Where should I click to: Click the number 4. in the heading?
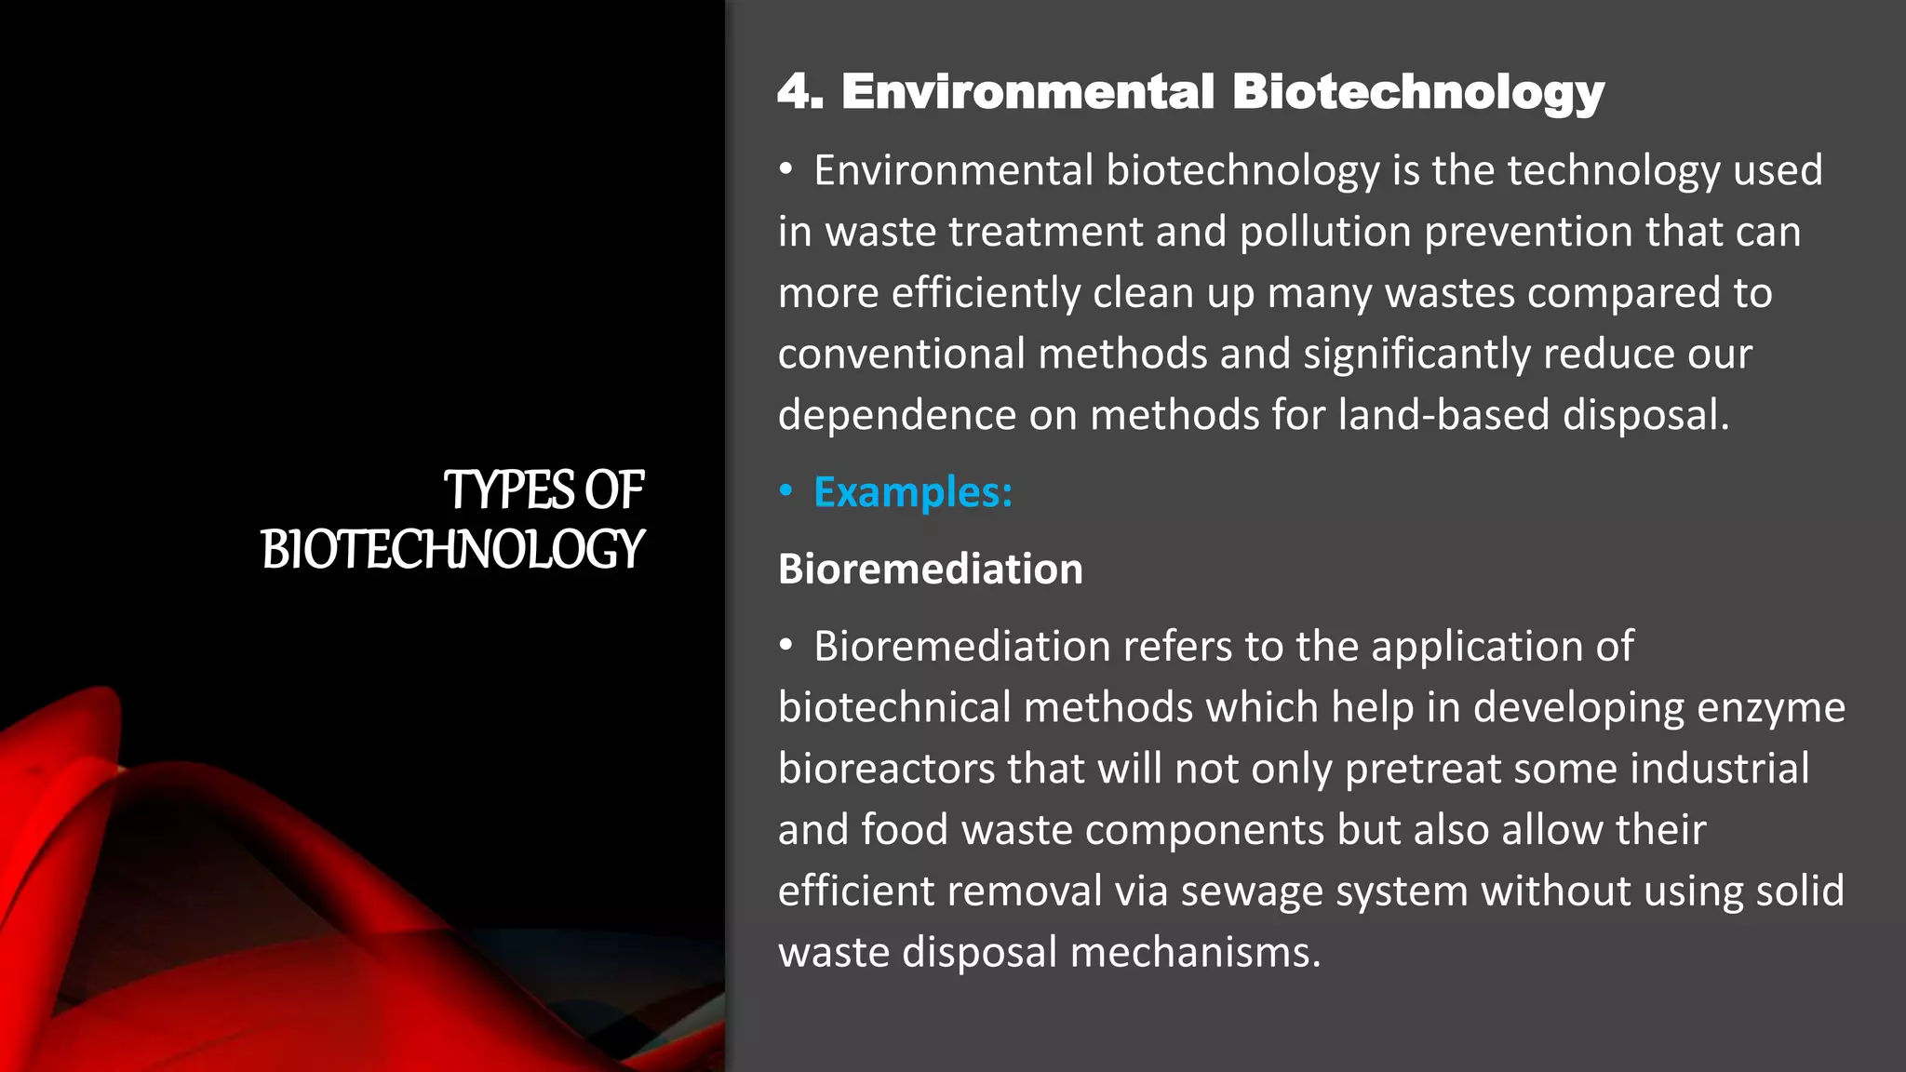click(800, 92)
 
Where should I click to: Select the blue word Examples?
click(912, 492)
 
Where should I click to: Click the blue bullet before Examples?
click(786, 490)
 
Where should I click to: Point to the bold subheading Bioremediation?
click(930, 569)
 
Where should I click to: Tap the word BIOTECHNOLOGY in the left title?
click(452, 549)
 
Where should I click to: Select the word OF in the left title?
click(613, 490)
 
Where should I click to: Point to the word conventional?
click(901, 355)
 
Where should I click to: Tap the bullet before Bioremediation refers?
click(786, 644)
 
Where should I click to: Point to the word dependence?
click(897, 415)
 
